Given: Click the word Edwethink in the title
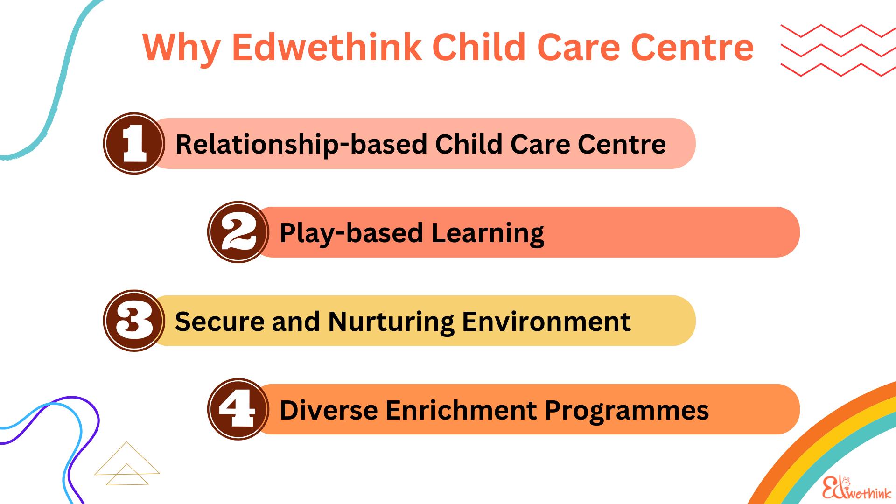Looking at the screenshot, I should click(327, 48).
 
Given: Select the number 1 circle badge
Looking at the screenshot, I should click(134, 143).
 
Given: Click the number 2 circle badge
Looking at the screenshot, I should click(238, 232).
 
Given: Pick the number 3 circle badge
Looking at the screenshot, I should click(134, 321).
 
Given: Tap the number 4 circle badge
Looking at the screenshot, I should click(238, 409).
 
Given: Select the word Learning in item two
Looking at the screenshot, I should click(488, 233).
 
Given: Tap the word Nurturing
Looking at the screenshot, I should click(391, 322).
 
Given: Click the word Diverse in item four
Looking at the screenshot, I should click(329, 410).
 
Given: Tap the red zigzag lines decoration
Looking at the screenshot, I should click(838, 50).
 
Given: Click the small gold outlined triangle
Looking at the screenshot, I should click(127, 475).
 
